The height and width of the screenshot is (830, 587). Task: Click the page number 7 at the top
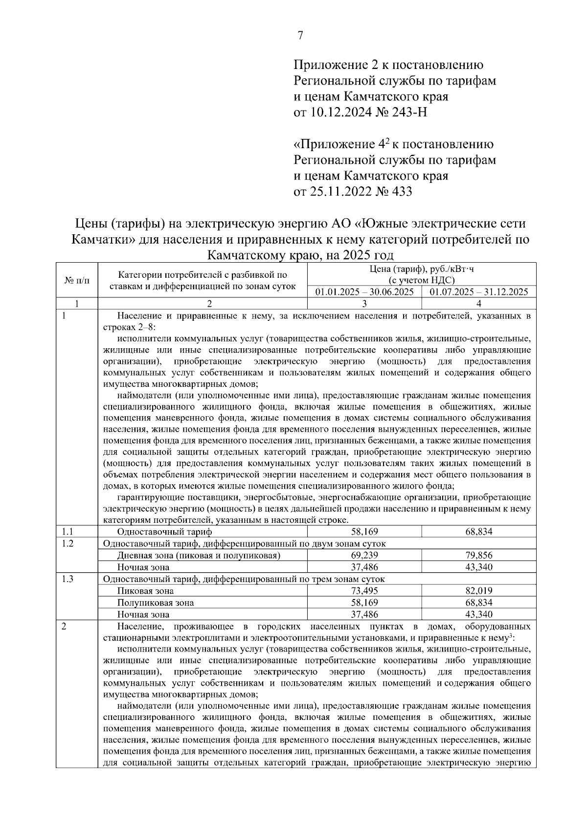[300, 36]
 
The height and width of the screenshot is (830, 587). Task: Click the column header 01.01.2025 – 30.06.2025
[364, 292]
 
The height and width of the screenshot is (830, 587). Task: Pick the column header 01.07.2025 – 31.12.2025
[478, 292]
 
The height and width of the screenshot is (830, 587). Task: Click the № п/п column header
[77, 281]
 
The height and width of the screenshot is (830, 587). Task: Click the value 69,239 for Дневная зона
[364, 555]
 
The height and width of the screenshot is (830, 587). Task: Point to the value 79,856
[478, 555]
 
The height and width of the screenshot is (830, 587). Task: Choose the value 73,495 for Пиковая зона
[364, 591]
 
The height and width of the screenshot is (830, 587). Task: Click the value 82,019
[478, 591]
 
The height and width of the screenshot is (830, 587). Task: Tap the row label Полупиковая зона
[155, 603]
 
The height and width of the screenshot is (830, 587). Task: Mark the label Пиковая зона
[145, 591]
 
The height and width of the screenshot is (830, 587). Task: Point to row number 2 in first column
[64, 627]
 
